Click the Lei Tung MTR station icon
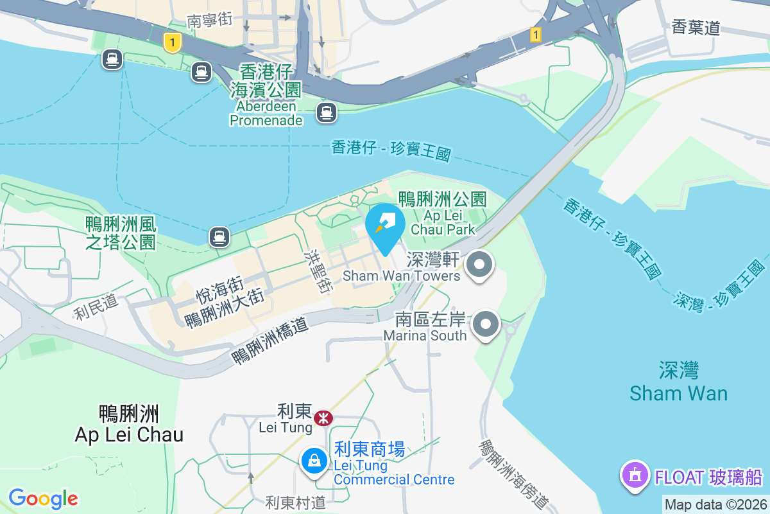pyautogui.click(x=323, y=418)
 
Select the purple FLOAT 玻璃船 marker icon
pyautogui.click(x=635, y=476)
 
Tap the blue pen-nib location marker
pyautogui.click(x=385, y=225)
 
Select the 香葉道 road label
pyautogui.click(x=696, y=27)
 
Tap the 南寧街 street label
pyautogui.click(x=210, y=21)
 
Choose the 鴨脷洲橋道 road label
pyautogui.click(x=270, y=341)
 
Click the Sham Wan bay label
pyautogui.click(x=678, y=382)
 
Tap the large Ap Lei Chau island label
pyautogui.click(x=129, y=423)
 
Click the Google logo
pyautogui.click(x=43, y=499)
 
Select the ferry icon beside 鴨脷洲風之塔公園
pyautogui.click(x=219, y=237)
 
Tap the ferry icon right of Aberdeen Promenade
pyautogui.click(x=326, y=113)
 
